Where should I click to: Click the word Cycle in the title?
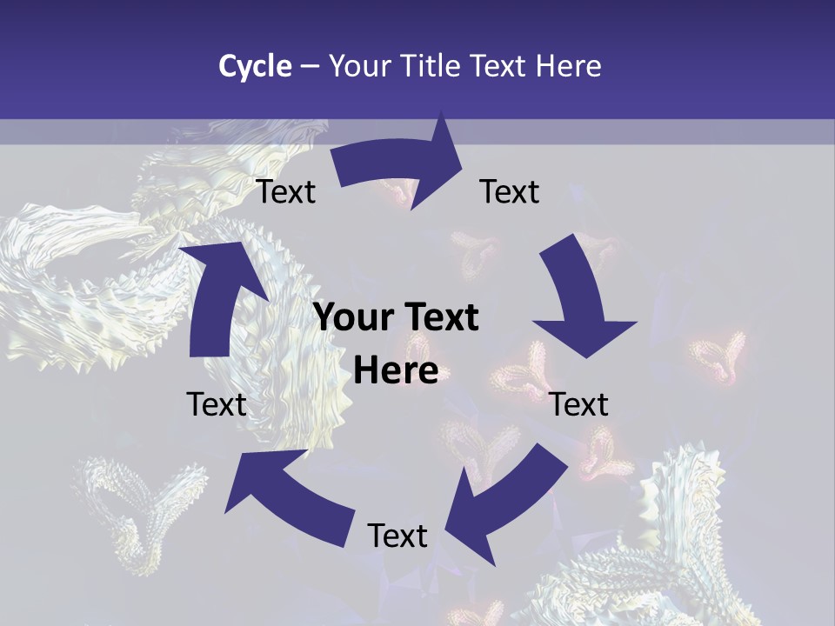click(x=255, y=66)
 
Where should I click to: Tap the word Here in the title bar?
click(x=568, y=66)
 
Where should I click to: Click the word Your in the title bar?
click(x=360, y=66)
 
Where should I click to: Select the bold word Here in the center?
click(x=396, y=371)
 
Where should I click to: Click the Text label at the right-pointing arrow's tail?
click(x=286, y=192)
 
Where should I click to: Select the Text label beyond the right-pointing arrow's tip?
click(x=510, y=192)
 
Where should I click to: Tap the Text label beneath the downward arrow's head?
click(x=579, y=405)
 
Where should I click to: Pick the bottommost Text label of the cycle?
click(x=397, y=536)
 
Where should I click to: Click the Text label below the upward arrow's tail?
click(x=217, y=405)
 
